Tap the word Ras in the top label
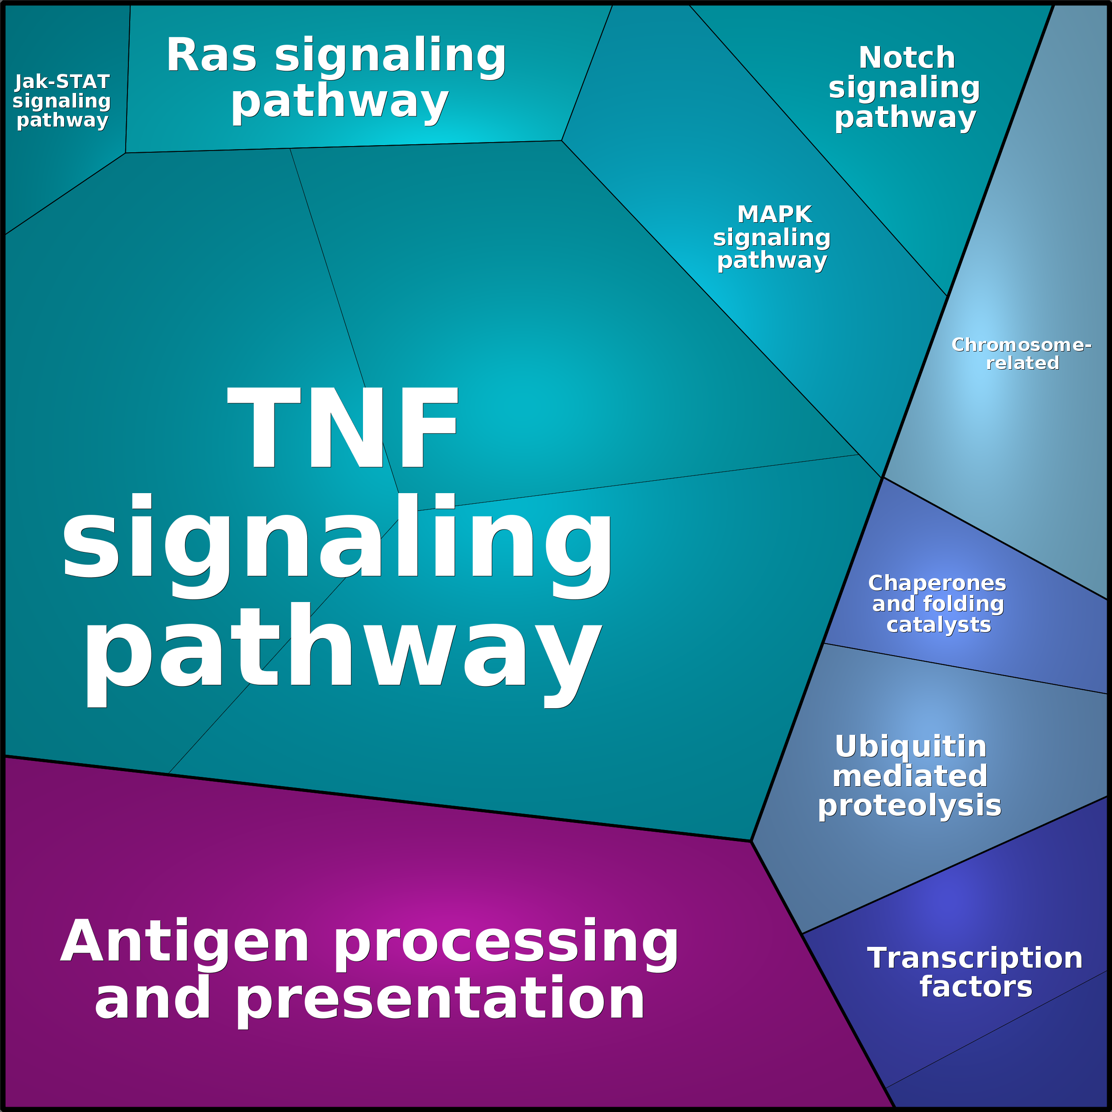tap(211, 56)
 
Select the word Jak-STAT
tap(62, 82)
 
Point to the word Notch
tap(907, 58)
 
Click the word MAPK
tap(774, 214)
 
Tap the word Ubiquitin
tap(911, 747)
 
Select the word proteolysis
tap(909, 806)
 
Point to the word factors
tap(976, 987)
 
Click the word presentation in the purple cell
tap(440, 1000)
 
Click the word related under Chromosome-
tap(1023, 363)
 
